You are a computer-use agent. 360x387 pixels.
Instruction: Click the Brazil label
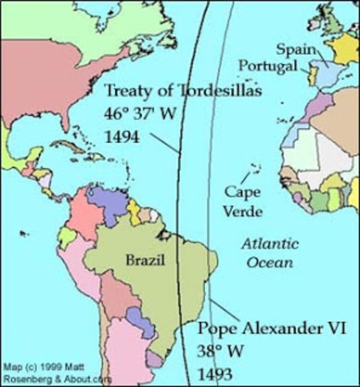[x=145, y=260]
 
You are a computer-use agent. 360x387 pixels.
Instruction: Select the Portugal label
[x=270, y=64]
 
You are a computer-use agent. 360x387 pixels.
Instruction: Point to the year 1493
[x=216, y=373]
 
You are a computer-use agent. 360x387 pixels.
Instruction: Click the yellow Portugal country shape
[x=312, y=77]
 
